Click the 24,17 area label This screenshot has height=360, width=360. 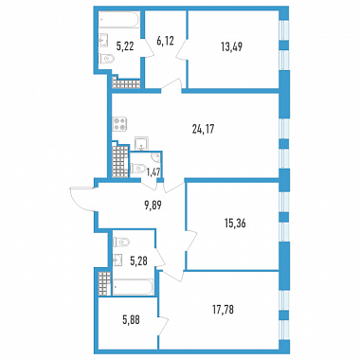[x=203, y=129]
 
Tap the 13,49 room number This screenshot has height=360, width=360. [x=231, y=46]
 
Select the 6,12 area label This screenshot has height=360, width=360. [x=165, y=41]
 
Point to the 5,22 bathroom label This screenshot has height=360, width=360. [x=125, y=46]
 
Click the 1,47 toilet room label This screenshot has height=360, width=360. [x=153, y=171]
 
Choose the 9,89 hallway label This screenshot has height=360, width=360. [x=153, y=206]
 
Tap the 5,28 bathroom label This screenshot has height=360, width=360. [x=138, y=261]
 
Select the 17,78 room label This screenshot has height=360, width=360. [x=223, y=310]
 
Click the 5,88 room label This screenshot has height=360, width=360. [x=131, y=320]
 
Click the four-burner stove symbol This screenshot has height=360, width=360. [x=120, y=124]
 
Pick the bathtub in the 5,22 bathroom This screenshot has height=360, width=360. [x=118, y=20]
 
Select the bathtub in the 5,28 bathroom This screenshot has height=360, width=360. [x=133, y=287]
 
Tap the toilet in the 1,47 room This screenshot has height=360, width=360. [x=137, y=169]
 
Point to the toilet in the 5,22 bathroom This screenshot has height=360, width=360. [x=106, y=60]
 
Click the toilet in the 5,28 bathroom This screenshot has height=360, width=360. [x=121, y=243]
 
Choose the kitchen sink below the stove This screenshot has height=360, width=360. [x=141, y=143]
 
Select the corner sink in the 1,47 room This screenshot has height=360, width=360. [x=156, y=157]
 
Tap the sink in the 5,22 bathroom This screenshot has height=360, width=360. [x=104, y=41]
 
